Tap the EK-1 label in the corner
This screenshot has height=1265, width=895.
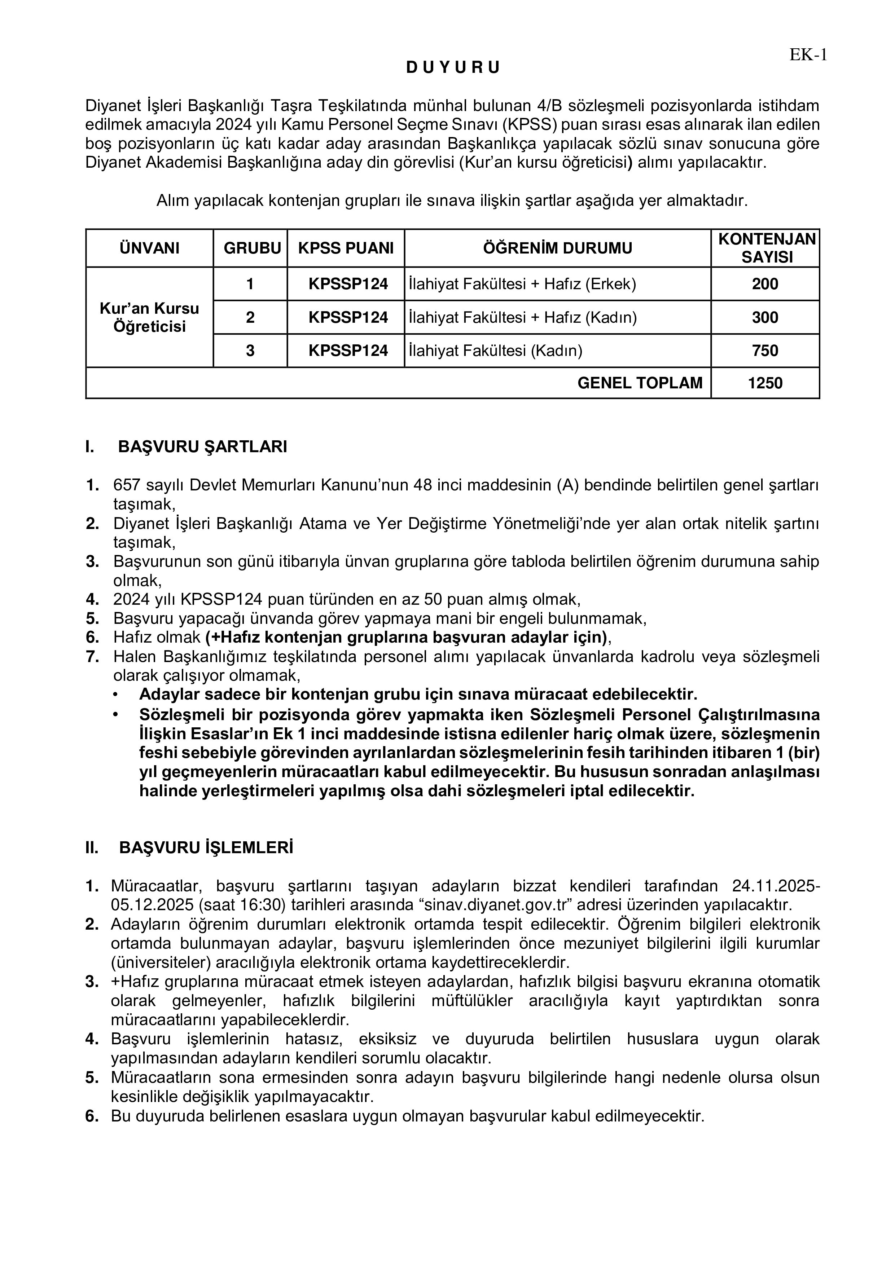tap(808, 55)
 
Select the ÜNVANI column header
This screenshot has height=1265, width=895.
tap(149, 248)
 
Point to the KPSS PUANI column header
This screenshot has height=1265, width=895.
tap(346, 248)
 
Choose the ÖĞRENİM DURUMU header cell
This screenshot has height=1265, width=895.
tap(557, 248)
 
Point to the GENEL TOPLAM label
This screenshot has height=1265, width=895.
tap(640, 383)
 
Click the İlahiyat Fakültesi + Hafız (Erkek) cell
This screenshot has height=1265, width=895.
tap(522, 284)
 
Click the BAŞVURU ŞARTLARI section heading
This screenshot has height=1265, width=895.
tap(202, 447)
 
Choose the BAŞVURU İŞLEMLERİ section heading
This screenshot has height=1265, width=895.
tap(206, 848)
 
